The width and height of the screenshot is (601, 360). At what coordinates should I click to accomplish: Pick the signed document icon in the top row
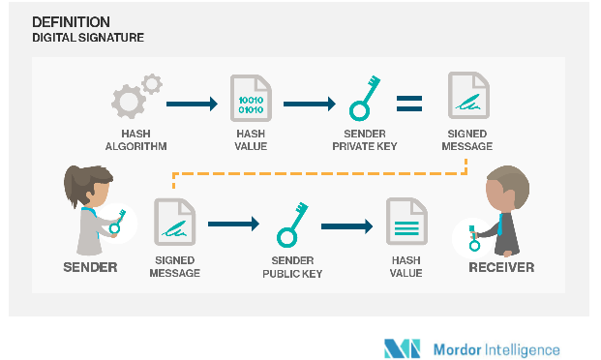[x=466, y=101]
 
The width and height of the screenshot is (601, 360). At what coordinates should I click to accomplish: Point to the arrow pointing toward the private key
[x=308, y=101]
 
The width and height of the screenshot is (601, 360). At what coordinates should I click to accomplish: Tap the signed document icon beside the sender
[x=174, y=225]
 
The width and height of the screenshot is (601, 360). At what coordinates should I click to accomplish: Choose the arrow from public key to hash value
[x=347, y=226]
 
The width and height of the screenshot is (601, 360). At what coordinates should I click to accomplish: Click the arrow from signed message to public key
[x=233, y=224]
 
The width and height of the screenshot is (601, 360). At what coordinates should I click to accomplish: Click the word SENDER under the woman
[x=90, y=267]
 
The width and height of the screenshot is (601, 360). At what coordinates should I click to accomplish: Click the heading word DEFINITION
[x=71, y=21]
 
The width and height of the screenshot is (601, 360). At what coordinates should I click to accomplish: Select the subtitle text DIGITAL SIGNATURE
[x=88, y=38]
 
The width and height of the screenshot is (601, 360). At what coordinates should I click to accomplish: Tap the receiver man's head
[x=503, y=186]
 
